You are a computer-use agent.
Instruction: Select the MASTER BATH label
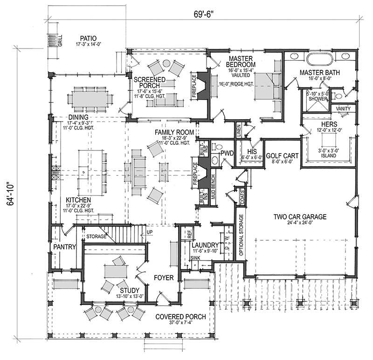(x=319, y=72)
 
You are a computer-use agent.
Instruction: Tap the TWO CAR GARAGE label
(x=300, y=216)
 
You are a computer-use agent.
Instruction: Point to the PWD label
(x=227, y=152)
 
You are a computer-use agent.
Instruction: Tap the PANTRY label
(x=64, y=247)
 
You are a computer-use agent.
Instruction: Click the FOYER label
(x=163, y=278)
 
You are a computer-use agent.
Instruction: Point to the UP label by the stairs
(x=149, y=232)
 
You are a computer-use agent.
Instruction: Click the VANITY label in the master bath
(x=343, y=108)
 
